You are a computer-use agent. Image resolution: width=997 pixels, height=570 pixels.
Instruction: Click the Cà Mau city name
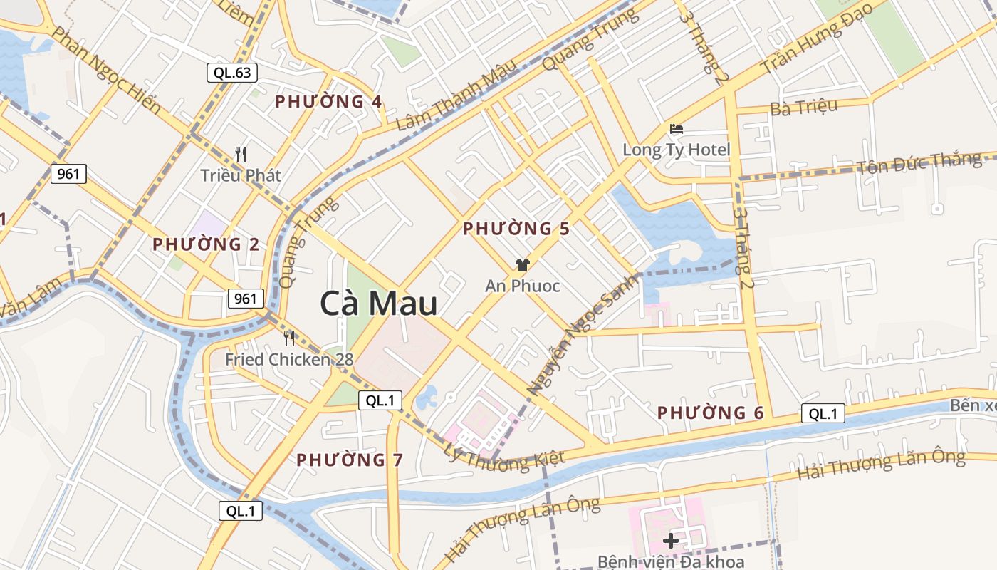[x=378, y=304]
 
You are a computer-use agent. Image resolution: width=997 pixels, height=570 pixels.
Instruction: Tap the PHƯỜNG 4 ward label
[x=329, y=102]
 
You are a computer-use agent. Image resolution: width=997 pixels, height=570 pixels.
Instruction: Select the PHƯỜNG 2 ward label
[x=206, y=244]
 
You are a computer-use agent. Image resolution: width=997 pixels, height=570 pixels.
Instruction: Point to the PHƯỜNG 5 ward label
[x=516, y=229]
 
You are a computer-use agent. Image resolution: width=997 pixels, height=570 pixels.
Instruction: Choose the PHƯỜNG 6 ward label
[x=710, y=413]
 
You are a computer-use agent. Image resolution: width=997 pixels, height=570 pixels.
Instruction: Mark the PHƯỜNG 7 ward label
[x=350, y=460]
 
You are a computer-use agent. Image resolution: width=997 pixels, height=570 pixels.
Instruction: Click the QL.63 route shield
[x=232, y=72]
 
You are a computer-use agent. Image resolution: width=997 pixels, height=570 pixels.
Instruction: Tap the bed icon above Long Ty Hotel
[x=677, y=129]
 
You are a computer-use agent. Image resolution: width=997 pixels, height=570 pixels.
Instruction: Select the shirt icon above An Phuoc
[x=523, y=265]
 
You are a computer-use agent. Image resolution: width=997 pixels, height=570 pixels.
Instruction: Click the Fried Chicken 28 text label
[x=289, y=360]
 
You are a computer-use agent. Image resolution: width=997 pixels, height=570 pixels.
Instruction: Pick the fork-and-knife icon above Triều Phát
[x=241, y=154]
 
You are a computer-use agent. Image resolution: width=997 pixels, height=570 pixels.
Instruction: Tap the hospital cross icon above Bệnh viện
[x=670, y=540]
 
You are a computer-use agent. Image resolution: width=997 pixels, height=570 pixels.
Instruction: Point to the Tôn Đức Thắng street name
[x=919, y=163]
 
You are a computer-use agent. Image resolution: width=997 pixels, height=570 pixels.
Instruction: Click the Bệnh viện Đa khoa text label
[x=671, y=561]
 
